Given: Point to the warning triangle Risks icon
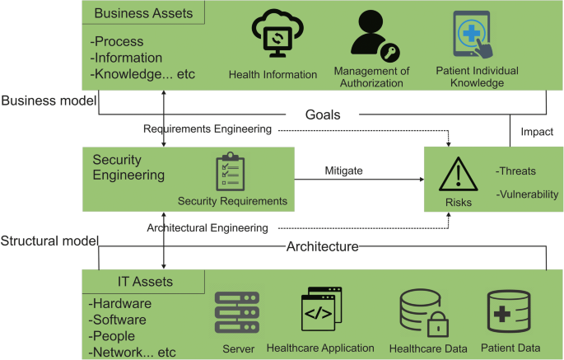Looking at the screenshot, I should [459, 175].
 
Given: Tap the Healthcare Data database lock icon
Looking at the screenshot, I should [422, 313].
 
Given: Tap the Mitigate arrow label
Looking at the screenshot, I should [343, 170].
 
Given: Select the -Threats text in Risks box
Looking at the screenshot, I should [515, 171].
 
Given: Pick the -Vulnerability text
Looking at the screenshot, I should [527, 194].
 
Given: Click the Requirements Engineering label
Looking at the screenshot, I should [207, 129].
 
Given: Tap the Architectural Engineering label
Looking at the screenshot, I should [207, 227].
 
